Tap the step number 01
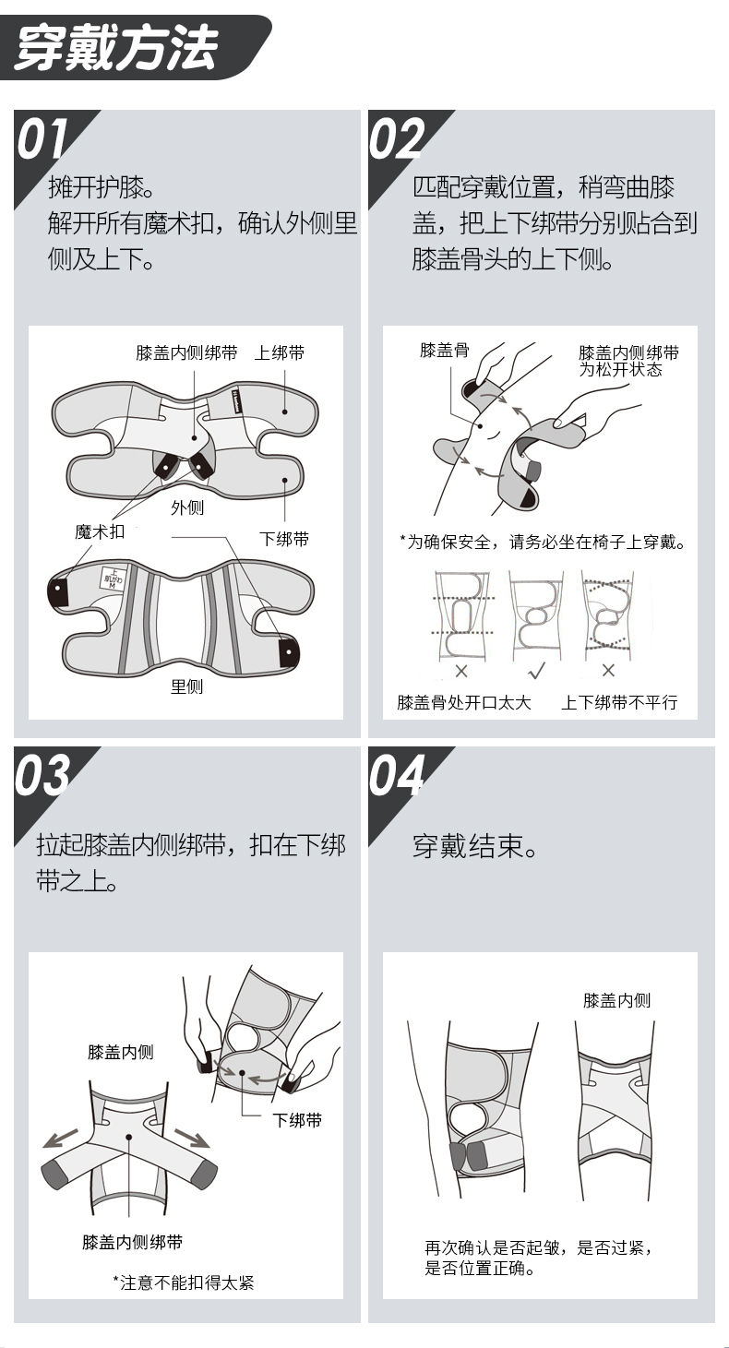pyautogui.click(x=41, y=139)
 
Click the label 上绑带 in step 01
pyautogui.click(x=280, y=352)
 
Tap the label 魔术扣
pyautogui.click(x=100, y=531)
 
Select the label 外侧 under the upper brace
pyautogui.click(x=187, y=507)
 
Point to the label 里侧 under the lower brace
pyautogui.click(x=186, y=686)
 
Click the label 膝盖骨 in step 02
pyautogui.click(x=445, y=351)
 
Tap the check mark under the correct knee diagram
pyautogui.click(x=536, y=670)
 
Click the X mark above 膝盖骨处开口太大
pyautogui.click(x=461, y=671)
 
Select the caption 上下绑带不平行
pyautogui.click(x=619, y=702)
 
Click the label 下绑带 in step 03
pyautogui.click(x=297, y=1120)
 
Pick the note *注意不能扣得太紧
pyautogui.click(x=183, y=1282)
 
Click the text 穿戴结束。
pyautogui.click(x=474, y=846)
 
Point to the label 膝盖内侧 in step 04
pyautogui.click(x=617, y=1000)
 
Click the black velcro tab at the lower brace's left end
pyautogui.click(x=58, y=590)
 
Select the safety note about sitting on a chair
pyautogui.click(x=543, y=543)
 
